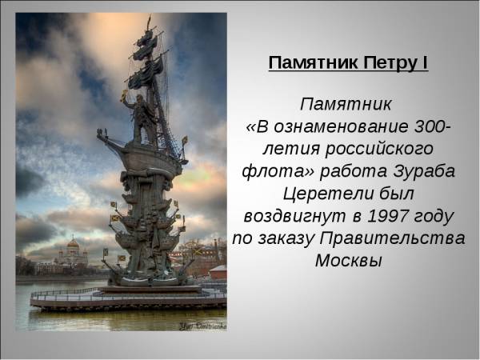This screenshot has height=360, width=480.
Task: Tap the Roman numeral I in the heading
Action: click(x=424, y=62)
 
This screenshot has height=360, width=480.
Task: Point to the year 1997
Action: click(x=387, y=216)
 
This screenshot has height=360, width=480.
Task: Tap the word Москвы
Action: click(x=348, y=261)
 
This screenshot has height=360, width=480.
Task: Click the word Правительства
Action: click(x=392, y=238)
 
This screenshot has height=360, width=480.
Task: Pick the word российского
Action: click(x=379, y=150)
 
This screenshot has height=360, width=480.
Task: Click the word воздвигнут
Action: click(x=294, y=217)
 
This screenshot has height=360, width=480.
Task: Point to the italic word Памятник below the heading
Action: click(x=346, y=104)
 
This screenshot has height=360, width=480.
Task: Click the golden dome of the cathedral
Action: click(x=73, y=244)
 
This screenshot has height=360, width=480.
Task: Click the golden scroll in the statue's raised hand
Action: click(x=124, y=95)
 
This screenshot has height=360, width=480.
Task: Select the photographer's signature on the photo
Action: click(x=202, y=326)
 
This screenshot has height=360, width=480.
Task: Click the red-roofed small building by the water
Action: click(x=218, y=272)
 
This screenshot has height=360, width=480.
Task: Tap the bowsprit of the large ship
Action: click(x=111, y=140)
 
